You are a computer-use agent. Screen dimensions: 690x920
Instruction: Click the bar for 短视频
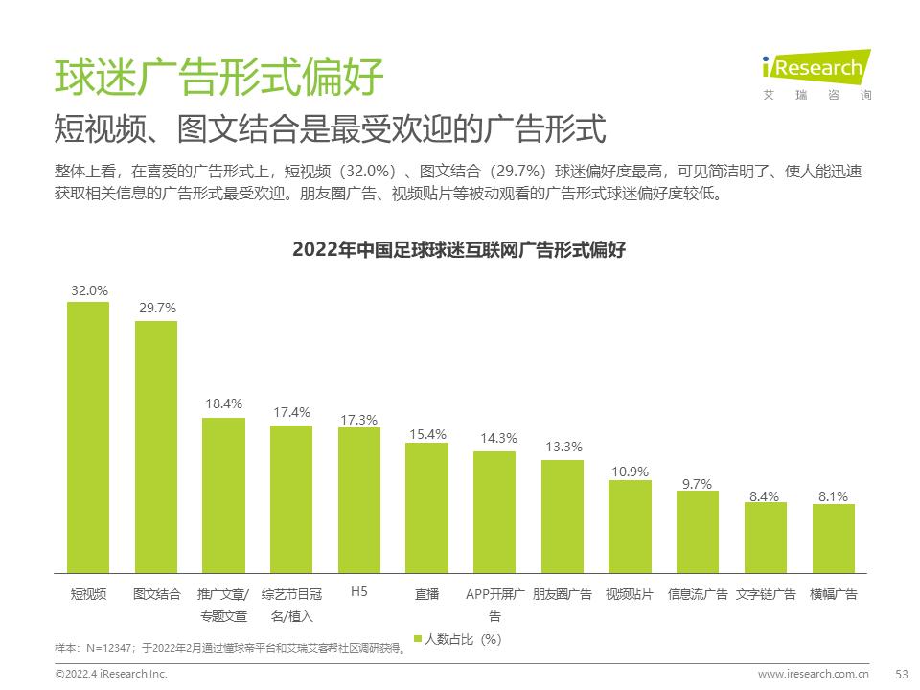coord(88,437)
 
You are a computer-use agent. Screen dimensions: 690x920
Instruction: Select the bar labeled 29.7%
coord(156,447)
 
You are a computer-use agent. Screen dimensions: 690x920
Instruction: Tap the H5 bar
coord(359,500)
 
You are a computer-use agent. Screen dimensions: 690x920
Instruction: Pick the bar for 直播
coord(426,508)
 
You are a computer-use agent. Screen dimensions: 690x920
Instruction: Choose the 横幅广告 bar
coord(834,539)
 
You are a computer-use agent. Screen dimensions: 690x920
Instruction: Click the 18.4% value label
coord(223,404)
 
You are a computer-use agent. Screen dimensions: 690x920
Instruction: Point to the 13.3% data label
coord(563,447)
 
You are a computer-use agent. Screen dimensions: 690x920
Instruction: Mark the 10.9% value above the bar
coord(631,471)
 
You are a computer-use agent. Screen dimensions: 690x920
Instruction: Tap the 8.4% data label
coord(765,495)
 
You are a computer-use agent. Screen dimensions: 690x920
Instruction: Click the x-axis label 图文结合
coord(156,594)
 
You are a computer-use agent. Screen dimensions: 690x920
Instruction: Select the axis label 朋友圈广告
coord(563,594)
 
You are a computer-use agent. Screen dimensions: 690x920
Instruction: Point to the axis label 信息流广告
coord(698,594)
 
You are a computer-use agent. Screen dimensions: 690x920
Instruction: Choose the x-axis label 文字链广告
coord(766,594)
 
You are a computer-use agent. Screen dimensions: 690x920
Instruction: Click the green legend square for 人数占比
coord(417,639)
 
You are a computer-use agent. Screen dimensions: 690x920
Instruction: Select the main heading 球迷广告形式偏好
coord(219,76)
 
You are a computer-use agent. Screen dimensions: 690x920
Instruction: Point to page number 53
coord(900,674)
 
